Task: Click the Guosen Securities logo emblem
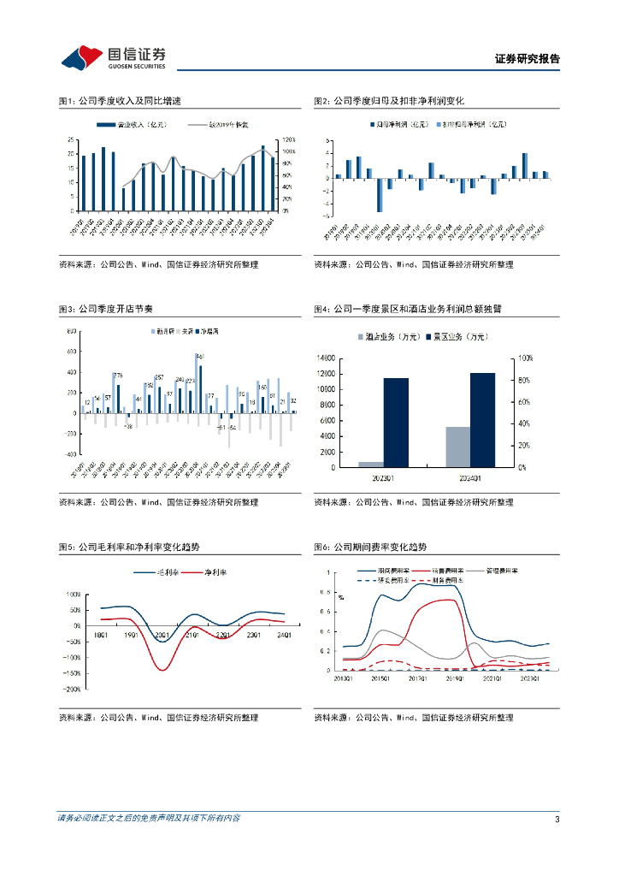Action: click(82, 58)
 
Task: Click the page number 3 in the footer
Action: click(557, 820)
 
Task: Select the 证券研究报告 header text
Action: click(528, 59)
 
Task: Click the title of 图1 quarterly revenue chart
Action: click(120, 101)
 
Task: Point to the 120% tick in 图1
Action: click(288, 139)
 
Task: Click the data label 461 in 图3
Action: click(200, 356)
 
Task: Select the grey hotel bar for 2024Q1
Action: click(458, 447)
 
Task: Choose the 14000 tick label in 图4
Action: click(326, 358)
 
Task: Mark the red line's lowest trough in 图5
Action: click(162, 667)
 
